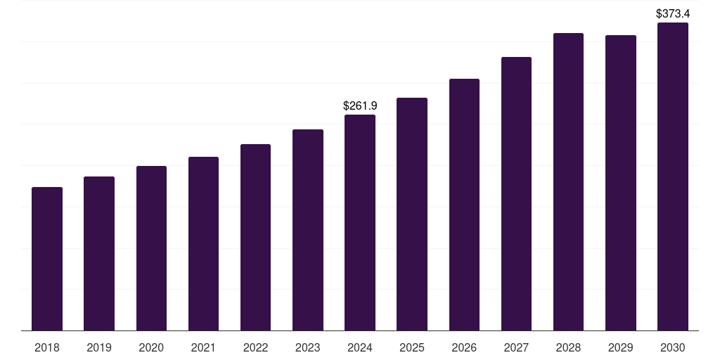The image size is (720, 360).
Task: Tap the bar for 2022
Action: [255, 238]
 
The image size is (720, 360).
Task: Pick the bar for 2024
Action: [360, 223]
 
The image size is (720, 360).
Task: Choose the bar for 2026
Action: [464, 205]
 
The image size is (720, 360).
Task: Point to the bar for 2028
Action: [568, 182]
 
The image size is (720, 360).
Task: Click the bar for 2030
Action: [673, 176]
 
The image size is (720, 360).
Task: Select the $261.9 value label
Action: [360, 105]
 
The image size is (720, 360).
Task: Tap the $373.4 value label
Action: [673, 13]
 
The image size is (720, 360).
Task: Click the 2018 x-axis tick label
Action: [47, 347]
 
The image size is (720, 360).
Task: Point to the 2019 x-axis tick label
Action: [99, 347]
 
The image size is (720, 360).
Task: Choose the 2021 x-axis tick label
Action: [203, 347]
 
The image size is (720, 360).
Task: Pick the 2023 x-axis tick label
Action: [308, 347]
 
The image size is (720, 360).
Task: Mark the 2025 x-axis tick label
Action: [412, 347]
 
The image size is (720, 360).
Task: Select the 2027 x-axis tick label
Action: [516, 347]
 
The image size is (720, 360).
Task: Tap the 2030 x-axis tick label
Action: [673, 347]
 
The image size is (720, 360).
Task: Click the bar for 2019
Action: [99, 254]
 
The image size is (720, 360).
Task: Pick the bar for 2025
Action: [412, 214]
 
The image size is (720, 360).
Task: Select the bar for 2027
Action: [516, 194]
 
